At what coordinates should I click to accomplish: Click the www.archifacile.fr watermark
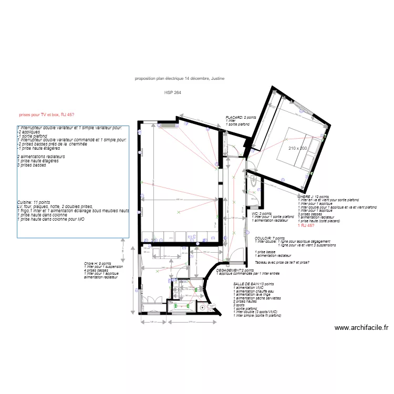pos(362,328)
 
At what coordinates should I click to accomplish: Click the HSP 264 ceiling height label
pos(173,92)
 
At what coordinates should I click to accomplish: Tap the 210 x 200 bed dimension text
pos(297,148)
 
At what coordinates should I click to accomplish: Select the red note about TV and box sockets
pos(46,114)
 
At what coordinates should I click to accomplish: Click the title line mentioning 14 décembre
pos(180,78)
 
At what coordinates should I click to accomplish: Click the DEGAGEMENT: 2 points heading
pos(235,270)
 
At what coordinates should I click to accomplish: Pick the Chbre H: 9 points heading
pos(97,263)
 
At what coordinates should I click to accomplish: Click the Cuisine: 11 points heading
pos(34,202)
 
